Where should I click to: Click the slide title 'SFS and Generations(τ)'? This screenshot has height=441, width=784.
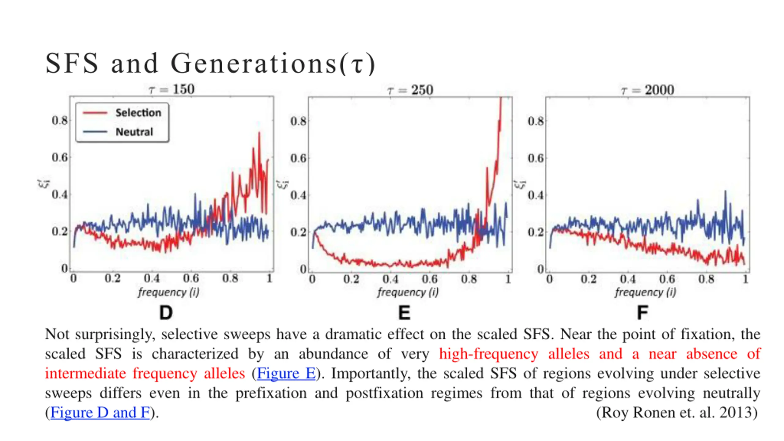[210, 63]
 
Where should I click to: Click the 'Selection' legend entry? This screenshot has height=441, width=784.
[138, 113]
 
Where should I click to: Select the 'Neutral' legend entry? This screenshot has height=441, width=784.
[134, 132]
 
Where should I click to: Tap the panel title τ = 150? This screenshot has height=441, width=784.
[171, 89]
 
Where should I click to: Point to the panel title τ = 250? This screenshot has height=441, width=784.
[410, 90]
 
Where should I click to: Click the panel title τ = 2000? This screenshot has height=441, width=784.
[647, 90]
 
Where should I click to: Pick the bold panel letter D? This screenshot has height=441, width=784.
[166, 313]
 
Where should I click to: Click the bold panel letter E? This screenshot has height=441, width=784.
[404, 313]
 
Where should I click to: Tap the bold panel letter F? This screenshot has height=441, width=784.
[642, 313]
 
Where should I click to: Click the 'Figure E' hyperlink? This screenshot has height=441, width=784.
[286, 373]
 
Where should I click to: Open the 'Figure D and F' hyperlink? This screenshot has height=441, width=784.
[100, 413]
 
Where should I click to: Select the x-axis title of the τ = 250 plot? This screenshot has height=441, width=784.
[408, 292]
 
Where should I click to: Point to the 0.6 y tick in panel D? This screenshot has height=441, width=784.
[59, 157]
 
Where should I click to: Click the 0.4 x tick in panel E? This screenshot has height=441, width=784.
[390, 279]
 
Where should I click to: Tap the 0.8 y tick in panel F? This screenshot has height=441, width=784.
[536, 121]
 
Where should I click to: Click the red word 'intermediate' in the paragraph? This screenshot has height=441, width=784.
[85, 373]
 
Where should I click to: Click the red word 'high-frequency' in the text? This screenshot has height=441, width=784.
[488, 354]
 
